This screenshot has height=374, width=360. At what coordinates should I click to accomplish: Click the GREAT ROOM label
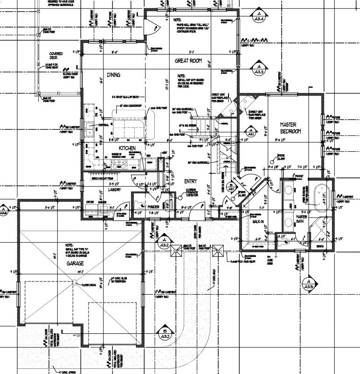pyautogui.click(x=188, y=61)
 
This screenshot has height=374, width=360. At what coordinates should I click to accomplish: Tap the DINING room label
pyautogui.click(x=114, y=75)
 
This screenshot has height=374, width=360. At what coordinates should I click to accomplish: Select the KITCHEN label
pyautogui.click(x=114, y=148)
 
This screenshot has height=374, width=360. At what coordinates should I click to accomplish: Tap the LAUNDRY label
pyautogui.click(x=114, y=190)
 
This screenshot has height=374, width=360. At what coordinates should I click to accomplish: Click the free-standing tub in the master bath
pyautogui.click(x=321, y=195)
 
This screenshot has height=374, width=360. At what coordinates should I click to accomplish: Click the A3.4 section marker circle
pyautogui.click(x=259, y=17)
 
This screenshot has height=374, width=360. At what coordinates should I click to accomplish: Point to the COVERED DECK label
pyautogui.click(x=56, y=56)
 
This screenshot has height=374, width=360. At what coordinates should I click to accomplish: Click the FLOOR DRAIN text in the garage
pyautogui.click(x=89, y=284)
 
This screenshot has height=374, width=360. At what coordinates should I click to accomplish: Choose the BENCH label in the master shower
pyautogui.click(x=320, y=246)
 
